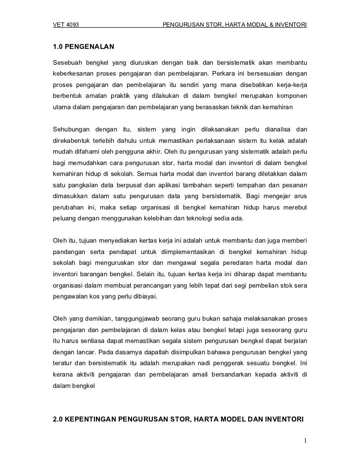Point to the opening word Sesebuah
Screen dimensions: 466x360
67,63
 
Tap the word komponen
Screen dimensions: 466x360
292,95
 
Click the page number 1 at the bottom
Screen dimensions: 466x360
306,441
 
